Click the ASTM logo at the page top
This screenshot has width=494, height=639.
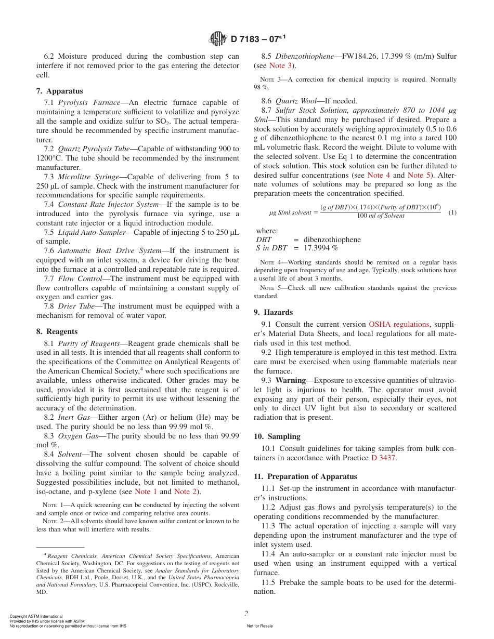pos(218,38)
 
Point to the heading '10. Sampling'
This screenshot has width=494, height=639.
pos(277,436)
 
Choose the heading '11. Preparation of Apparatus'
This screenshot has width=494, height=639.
pos(305,476)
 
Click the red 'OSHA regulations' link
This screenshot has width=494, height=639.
pos(399,324)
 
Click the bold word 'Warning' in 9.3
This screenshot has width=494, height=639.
pos(290,380)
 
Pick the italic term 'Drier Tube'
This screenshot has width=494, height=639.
pos(76,306)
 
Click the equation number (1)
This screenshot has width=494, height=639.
pos(452,212)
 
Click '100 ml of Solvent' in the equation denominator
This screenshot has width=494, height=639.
pos(380,216)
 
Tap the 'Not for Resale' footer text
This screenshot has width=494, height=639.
pos(259,626)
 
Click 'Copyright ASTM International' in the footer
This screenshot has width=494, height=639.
pos(36,616)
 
